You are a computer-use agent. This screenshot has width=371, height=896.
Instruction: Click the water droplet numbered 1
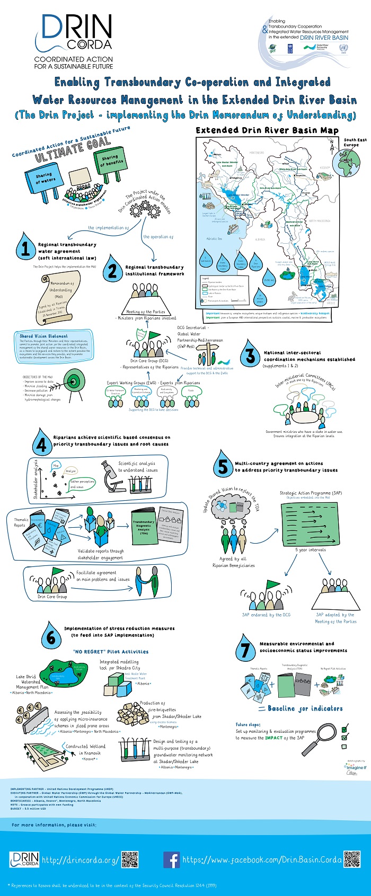click(x=25, y=247)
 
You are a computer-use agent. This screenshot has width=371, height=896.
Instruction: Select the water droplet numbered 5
click(x=223, y=466)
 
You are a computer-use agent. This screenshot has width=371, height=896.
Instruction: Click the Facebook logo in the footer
click(x=171, y=859)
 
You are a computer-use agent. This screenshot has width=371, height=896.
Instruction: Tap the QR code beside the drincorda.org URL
click(x=130, y=859)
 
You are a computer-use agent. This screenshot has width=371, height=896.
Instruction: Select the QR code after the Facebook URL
click(x=352, y=859)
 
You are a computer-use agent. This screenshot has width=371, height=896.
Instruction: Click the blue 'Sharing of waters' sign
click(x=46, y=179)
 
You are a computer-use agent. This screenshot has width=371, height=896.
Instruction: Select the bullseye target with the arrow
click(x=73, y=380)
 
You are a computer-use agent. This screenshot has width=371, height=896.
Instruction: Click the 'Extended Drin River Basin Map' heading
click(x=267, y=130)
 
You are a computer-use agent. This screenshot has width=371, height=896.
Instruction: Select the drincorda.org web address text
click(x=81, y=859)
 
